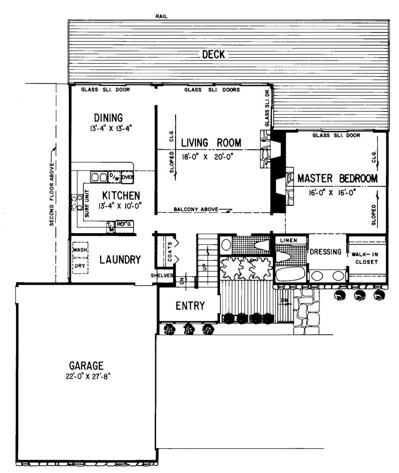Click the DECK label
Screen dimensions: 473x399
tap(213, 55)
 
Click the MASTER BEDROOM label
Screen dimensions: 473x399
tap(337, 178)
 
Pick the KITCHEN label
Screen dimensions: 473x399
tap(121, 195)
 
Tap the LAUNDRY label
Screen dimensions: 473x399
tap(120, 260)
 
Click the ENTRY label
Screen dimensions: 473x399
tap(190, 306)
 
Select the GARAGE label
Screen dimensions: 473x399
tap(86, 365)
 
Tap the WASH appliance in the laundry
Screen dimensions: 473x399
tap(80, 250)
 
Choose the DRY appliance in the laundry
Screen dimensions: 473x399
tap(80, 266)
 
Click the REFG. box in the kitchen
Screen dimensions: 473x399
tap(124, 224)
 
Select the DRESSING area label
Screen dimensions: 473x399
tap(325, 252)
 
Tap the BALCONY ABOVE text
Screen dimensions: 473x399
tap(196, 210)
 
